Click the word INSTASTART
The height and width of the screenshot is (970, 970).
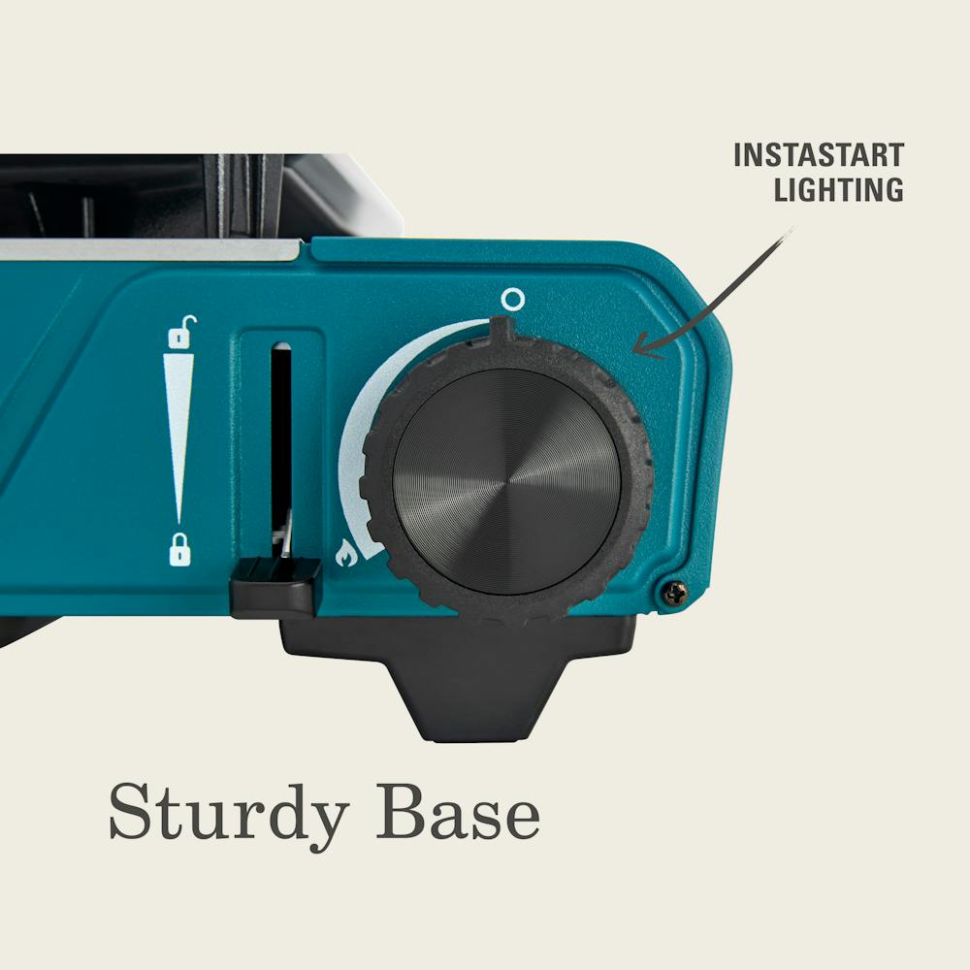pyautogui.click(x=819, y=155)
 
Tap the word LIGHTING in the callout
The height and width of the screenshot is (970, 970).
pyautogui.click(x=839, y=189)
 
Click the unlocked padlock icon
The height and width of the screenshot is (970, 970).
pyautogui.click(x=182, y=332)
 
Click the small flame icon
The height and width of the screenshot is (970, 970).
pyautogui.click(x=346, y=553)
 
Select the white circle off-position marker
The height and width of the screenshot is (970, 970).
pyautogui.click(x=512, y=300)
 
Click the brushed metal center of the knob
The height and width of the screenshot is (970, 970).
pyautogui.click(x=506, y=482)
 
